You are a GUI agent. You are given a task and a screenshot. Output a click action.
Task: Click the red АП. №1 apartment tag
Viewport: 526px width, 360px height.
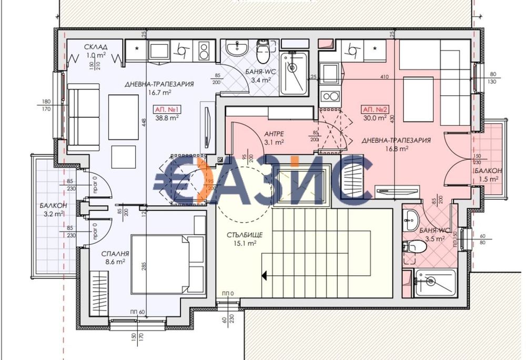[167, 109]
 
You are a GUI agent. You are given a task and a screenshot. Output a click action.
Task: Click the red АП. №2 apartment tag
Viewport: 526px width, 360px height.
[375, 109]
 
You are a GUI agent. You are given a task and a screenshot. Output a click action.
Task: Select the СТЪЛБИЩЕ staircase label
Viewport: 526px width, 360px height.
[242, 235]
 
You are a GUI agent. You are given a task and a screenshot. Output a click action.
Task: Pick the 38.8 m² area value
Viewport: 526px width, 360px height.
[167, 118]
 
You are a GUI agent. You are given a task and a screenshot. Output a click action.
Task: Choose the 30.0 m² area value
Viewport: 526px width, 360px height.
[375, 118]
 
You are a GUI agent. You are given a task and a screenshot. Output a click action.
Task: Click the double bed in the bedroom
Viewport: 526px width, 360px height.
[167, 263]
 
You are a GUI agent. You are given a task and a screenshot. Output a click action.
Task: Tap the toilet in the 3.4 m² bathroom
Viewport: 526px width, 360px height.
[262, 53]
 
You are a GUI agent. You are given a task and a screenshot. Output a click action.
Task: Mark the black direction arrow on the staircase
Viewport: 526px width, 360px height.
[265, 274]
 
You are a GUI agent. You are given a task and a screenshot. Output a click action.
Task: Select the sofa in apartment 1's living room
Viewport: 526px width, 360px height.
[84, 114]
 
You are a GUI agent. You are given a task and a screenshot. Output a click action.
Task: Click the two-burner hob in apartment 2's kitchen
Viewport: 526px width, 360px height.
[329, 96]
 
